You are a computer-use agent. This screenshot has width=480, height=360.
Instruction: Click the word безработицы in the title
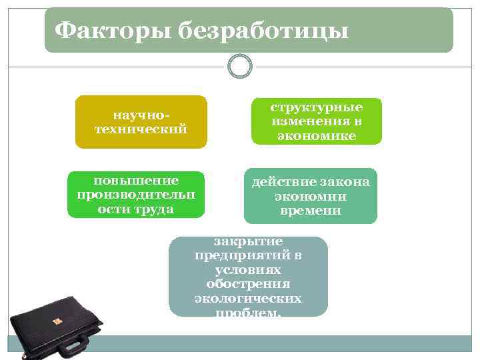coord(263,30)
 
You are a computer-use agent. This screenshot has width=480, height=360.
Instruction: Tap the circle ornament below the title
coord(240,66)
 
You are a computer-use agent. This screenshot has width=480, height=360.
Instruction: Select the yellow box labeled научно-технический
coord(141,121)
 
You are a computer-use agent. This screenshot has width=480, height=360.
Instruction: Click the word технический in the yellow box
coord(141,129)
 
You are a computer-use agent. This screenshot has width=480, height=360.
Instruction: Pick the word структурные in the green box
coord(316,107)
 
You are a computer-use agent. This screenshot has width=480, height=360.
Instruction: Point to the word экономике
coord(316,135)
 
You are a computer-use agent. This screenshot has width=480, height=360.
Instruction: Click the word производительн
coord(136,195)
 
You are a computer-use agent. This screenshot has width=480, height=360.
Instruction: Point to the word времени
coord(310,211)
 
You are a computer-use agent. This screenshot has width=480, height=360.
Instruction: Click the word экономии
coord(310,197)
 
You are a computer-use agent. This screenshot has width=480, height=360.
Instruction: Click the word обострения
coord(248,284)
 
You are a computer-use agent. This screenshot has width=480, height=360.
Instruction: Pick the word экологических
coord(248,298)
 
